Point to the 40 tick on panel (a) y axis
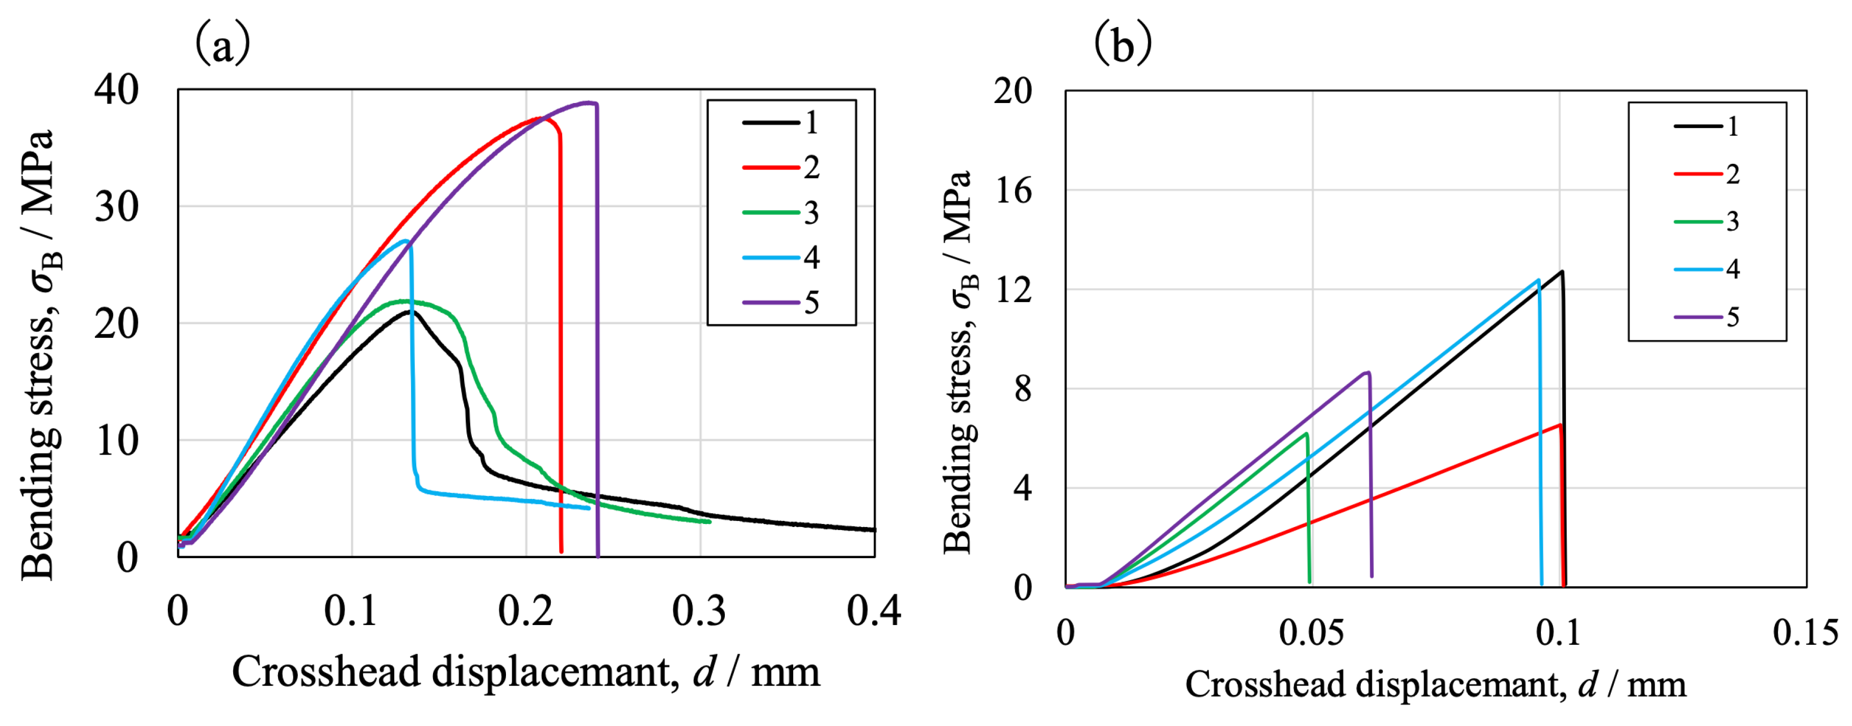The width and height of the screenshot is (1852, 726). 116,91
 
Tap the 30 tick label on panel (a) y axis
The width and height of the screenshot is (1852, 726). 116,207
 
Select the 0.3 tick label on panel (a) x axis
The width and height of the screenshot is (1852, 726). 699,611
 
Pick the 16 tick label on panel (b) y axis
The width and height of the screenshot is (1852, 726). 1013,191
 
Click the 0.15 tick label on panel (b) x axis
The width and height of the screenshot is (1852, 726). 1805,633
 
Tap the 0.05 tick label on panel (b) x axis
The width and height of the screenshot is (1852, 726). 1311,633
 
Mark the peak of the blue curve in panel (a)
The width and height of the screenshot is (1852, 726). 406,241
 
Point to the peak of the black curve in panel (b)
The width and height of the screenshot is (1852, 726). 1562,272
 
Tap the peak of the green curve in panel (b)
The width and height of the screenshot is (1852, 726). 1306,434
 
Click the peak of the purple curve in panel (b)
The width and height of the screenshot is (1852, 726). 1367,372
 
